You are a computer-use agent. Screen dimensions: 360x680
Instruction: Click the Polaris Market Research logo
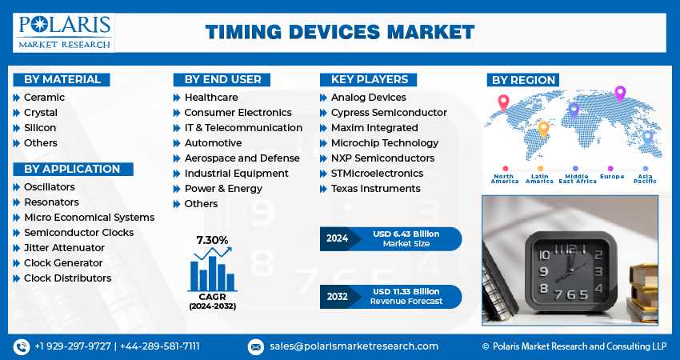(x=65, y=32)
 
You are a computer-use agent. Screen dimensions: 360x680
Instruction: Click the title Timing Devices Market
(x=339, y=32)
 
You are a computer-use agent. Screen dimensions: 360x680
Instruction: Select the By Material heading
(x=62, y=79)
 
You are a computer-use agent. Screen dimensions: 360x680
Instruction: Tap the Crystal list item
(x=40, y=112)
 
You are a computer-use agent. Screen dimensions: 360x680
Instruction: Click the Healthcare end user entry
(x=210, y=97)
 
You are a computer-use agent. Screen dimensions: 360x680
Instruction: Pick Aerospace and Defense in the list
(x=242, y=158)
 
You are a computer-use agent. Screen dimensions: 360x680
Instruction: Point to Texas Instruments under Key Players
(x=375, y=188)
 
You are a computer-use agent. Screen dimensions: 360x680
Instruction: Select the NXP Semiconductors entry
(x=382, y=158)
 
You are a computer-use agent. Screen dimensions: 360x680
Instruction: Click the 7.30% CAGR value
(x=212, y=239)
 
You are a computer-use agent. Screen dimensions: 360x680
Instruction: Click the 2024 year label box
(x=338, y=238)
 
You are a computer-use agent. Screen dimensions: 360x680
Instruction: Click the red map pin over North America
(x=503, y=102)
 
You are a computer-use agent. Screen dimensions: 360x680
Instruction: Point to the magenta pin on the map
(x=619, y=93)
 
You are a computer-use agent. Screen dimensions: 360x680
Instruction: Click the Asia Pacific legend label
(x=645, y=178)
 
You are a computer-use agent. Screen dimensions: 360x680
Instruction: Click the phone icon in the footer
(x=22, y=346)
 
